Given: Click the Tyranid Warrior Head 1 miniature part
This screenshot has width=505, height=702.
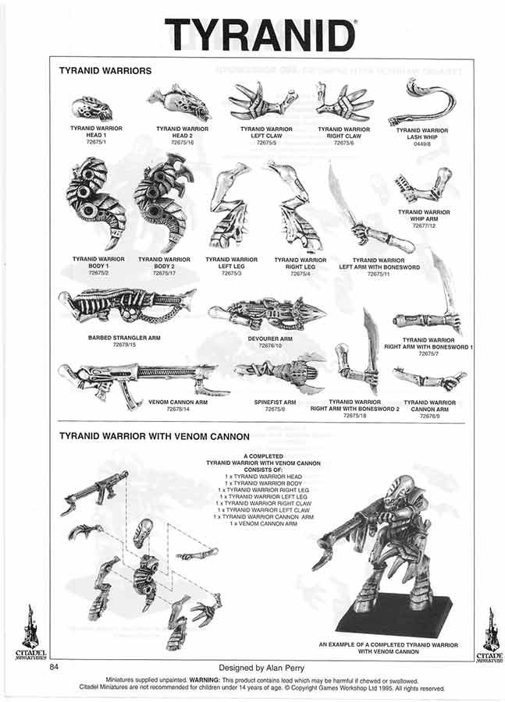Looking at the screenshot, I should tap(93, 108).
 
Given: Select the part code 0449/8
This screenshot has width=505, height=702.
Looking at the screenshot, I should tap(421, 144).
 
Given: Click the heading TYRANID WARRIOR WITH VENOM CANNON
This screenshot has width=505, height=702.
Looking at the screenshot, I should tap(154, 436).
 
